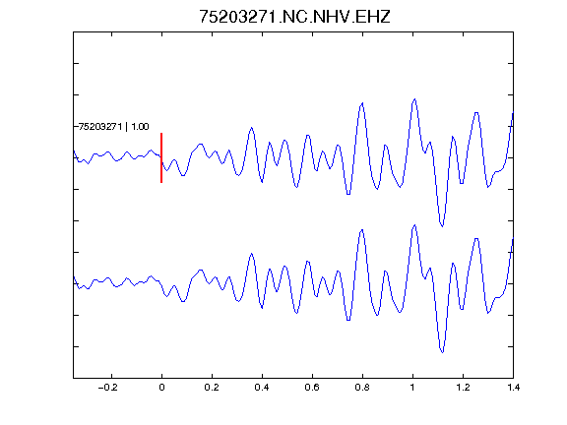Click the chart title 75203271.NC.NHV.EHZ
click(294, 17)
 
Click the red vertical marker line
click(161, 158)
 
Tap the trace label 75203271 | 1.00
click(113, 127)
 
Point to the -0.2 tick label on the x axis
click(108, 388)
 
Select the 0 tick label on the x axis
click(161, 388)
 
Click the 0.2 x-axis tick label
click(212, 388)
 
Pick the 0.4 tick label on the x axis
click(262, 388)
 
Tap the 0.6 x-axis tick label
click(312, 388)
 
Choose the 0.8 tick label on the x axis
click(362, 388)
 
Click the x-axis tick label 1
click(412, 388)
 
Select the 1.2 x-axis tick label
click(463, 388)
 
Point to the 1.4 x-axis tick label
click(513, 388)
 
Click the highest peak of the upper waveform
click(414, 99)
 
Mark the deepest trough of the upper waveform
click(442, 226)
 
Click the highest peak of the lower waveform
click(414, 225)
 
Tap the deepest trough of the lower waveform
click(442, 352)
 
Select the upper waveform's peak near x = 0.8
click(361, 103)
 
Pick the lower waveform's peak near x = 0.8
click(361, 230)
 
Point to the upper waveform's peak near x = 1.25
click(476, 113)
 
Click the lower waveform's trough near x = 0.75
click(348, 320)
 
